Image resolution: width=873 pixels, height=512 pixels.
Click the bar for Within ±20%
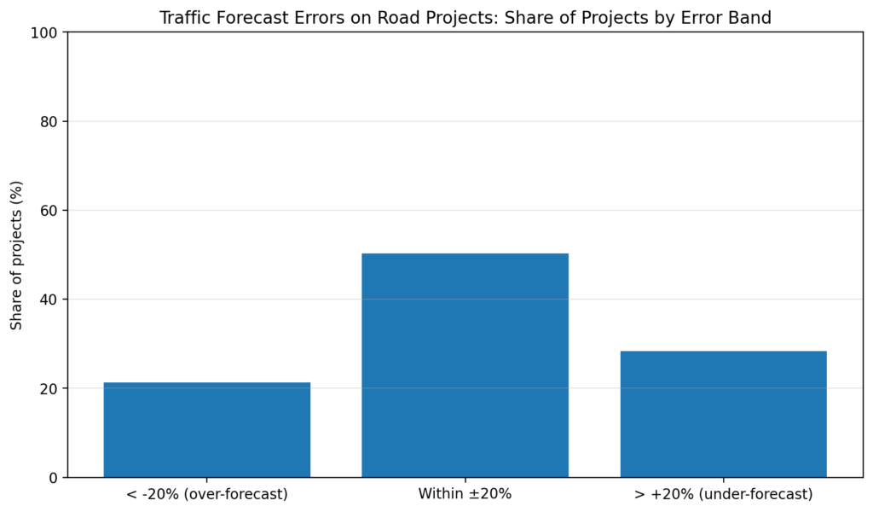click(x=465, y=365)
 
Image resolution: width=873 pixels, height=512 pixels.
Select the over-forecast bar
click(x=206, y=429)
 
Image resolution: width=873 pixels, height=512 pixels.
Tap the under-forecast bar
click(x=723, y=414)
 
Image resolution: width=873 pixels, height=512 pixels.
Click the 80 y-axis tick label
click(x=49, y=121)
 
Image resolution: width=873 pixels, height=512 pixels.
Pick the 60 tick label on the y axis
click(x=49, y=211)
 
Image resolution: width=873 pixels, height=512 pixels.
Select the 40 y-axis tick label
click(x=49, y=300)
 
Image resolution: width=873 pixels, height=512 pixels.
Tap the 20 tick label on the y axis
click(x=49, y=388)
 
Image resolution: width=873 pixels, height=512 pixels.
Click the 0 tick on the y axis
click(x=53, y=478)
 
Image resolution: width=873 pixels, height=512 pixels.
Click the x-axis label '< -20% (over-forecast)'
click(x=206, y=494)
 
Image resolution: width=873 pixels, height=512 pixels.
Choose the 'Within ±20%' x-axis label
click(x=465, y=494)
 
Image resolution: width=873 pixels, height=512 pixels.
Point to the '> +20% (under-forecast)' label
click(x=723, y=494)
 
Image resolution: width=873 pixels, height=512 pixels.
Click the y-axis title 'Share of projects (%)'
click(x=16, y=254)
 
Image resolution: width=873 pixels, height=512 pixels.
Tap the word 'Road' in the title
click(x=394, y=18)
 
